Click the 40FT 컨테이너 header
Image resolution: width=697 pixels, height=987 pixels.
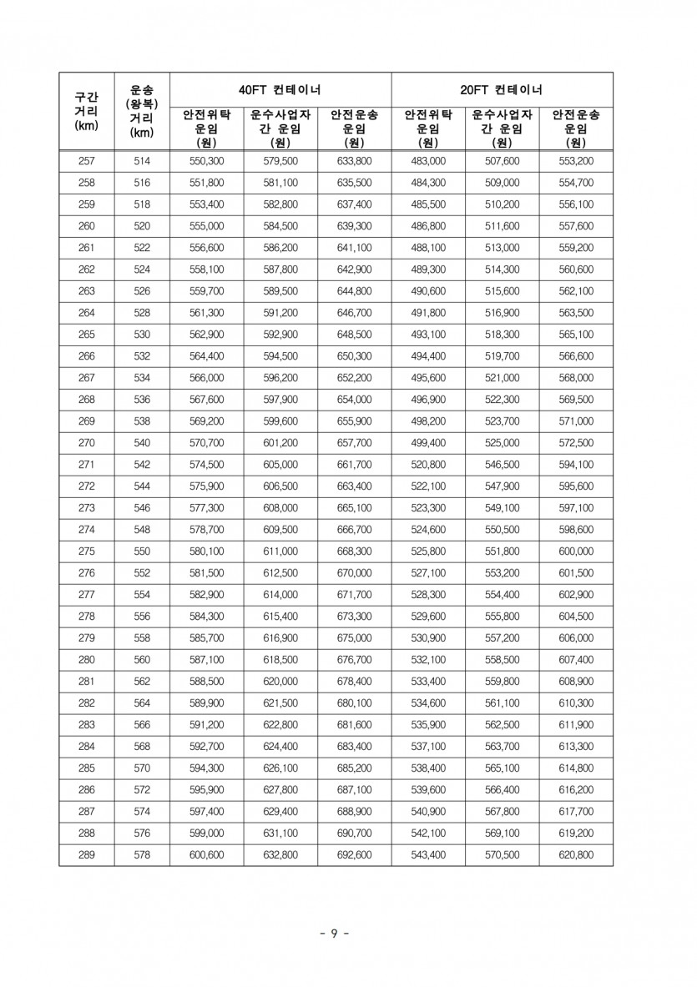(x=280, y=88)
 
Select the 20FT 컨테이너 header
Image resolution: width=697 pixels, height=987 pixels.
(x=502, y=88)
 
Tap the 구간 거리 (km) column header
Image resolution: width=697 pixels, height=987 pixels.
(x=87, y=111)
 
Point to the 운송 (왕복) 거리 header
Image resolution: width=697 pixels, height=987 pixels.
(x=142, y=111)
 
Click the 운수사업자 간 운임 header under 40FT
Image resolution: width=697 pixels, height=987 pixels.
(x=280, y=128)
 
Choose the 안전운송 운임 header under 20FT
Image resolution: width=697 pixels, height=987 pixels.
(x=575, y=128)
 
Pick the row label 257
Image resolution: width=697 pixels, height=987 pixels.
(x=87, y=161)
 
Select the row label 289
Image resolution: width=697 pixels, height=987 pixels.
(x=87, y=855)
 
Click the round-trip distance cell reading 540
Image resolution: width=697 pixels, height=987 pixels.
(x=142, y=443)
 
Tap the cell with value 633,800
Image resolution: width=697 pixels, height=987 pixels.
(x=355, y=161)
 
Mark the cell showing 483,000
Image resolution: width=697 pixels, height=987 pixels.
(x=428, y=161)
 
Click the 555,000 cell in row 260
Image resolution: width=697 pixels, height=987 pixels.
(x=207, y=226)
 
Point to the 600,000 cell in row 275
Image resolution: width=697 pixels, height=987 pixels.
(x=575, y=551)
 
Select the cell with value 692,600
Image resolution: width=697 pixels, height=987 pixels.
(x=355, y=855)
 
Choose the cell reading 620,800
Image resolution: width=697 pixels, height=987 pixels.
(x=575, y=855)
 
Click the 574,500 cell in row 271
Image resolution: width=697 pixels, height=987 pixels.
(x=207, y=465)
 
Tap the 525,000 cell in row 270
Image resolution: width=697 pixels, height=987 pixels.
(x=502, y=443)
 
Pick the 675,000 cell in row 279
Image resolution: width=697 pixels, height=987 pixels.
(x=355, y=638)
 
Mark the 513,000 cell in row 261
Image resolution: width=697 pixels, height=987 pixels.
(x=502, y=248)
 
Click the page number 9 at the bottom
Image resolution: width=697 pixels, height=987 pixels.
(x=334, y=934)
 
